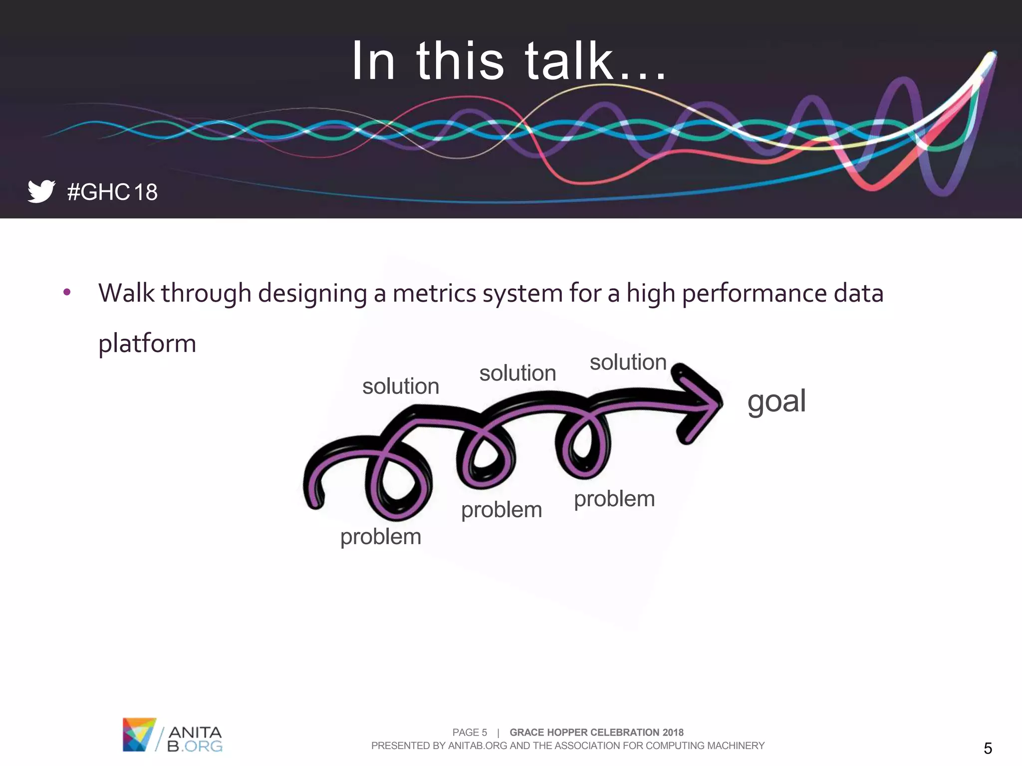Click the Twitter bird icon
[x=41, y=191]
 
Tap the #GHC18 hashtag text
[x=112, y=192]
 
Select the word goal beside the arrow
[x=776, y=401]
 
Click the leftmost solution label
[x=400, y=386]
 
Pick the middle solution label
[x=517, y=374]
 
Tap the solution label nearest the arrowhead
[x=628, y=362]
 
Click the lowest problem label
[x=381, y=537]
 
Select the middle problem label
[x=501, y=510]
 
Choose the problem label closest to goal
[x=614, y=499]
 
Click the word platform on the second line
[x=147, y=344]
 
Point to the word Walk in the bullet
[x=126, y=293]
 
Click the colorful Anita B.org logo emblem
[x=139, y=734]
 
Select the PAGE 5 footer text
[x=469, y=732]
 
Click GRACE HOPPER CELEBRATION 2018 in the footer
[x=596, y=732]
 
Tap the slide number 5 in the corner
[x=988, y=748]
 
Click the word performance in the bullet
[x=754, y=293]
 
